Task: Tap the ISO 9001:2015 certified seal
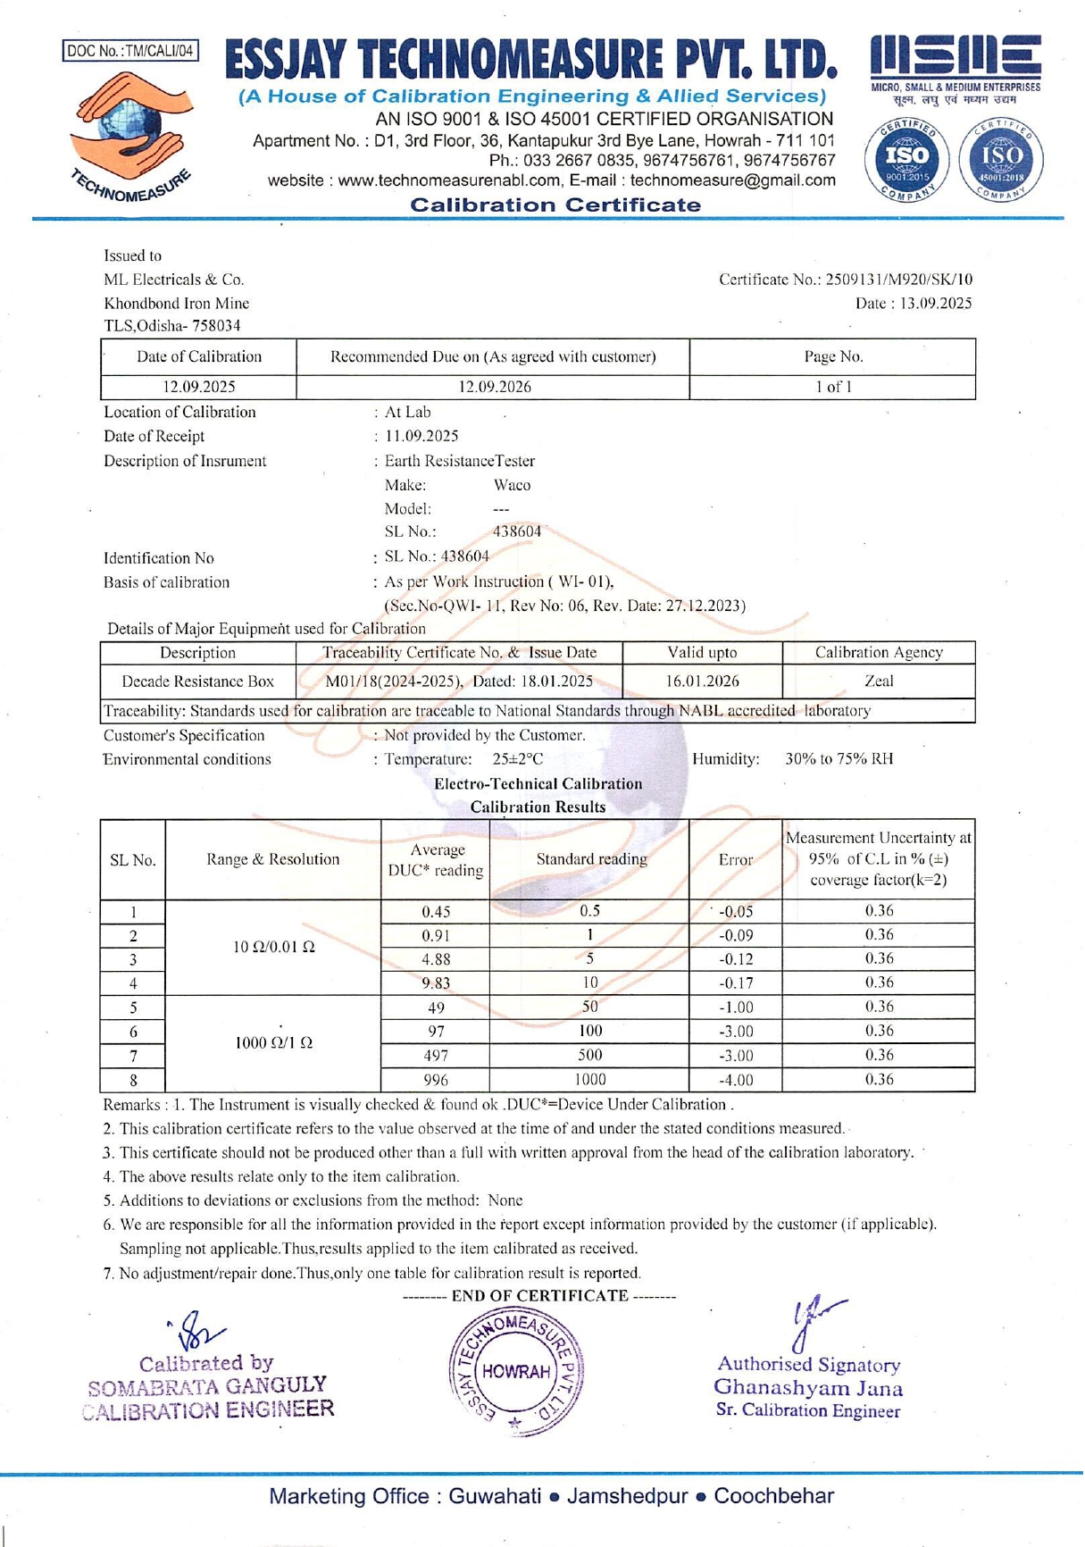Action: (906, 159)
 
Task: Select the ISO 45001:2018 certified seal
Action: (1001, 159)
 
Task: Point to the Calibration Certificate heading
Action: (555, 205)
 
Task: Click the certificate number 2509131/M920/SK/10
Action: (899, 280)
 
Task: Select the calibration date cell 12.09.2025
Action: (198, 387)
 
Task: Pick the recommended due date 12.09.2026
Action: (494, 387)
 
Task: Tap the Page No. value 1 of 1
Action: (832, 387)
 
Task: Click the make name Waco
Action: (512, 485)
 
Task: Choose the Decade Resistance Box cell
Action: (197, 682)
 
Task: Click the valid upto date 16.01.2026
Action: (702, 682)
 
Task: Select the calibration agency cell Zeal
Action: (879, 681)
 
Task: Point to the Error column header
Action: (736, 860)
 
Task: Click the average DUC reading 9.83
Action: (436, 983)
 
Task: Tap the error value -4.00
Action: (736, 1080)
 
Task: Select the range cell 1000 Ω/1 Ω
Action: (273, 1043)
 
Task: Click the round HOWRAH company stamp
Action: (516, 1371)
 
